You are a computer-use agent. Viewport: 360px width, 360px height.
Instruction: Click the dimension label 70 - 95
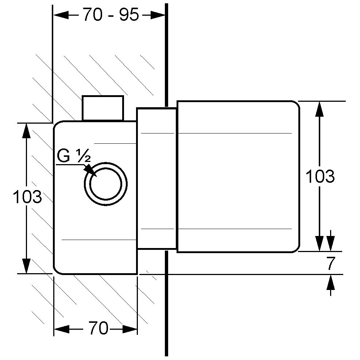tap(111, 15)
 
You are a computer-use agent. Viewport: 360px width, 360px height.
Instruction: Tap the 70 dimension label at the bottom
tap(98, 329)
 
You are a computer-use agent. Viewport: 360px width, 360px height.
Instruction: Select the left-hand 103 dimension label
tap(27, 197)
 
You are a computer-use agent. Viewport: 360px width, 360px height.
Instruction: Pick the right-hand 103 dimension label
tap(320, 177)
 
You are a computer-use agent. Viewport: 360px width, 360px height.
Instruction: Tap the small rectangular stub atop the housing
tap(102, 108)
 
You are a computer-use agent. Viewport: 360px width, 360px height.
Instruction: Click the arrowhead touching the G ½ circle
tap(89, 170)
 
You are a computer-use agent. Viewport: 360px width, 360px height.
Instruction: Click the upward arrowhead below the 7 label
tap(330, 282)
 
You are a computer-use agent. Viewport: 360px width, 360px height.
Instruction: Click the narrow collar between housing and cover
tap(157, 178)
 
